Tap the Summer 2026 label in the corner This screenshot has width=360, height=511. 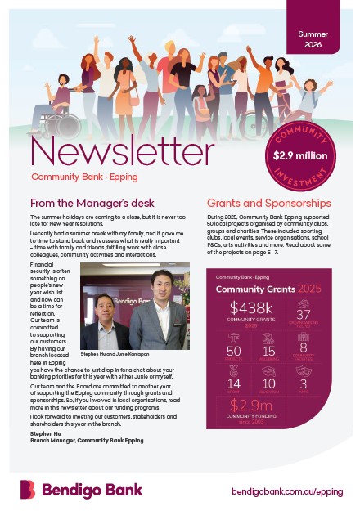pos(313,42)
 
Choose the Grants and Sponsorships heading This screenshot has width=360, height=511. pos(268,203)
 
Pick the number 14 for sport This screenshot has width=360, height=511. pos(234,383)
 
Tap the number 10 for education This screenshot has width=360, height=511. pos(268,383)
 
